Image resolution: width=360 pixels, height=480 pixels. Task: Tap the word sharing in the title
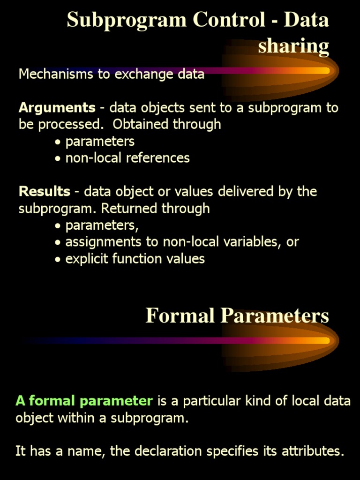click(x=293, y=46)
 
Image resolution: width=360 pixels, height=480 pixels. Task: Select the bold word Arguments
click(x=57, y=108)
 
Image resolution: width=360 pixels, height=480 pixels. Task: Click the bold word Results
click(x=44, y=192)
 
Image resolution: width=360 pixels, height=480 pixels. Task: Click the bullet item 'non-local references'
click(x=127, y=158)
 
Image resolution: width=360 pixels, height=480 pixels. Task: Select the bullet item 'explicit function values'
click(x=135, y=259)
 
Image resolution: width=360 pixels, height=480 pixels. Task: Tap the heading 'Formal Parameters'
click(x=237, y=316)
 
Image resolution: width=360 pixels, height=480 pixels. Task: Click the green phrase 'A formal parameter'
click(x=84, y=401)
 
